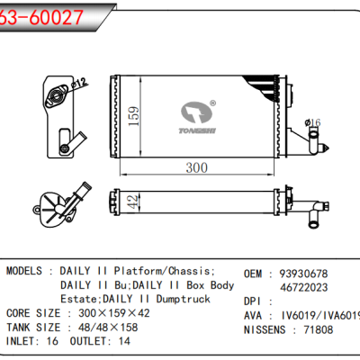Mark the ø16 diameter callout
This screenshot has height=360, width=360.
click(313, 121)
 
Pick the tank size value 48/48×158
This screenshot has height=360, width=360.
click(114, 328)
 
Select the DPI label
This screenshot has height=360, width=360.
click(255, 301)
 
